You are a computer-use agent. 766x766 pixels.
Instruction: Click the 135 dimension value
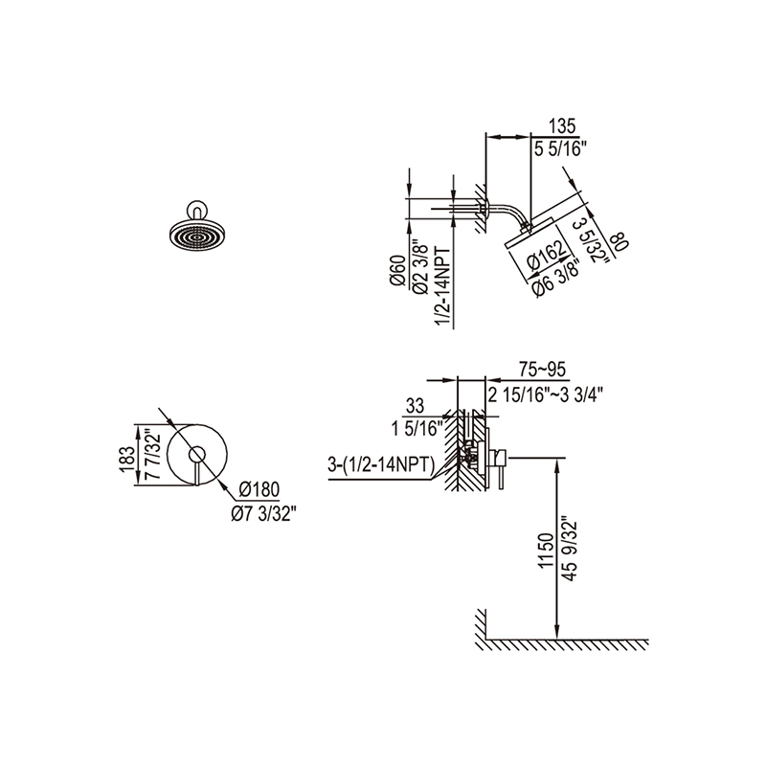562,126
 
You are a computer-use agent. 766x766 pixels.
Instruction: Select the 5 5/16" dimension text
560,148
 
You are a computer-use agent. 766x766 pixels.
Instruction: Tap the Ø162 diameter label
547,255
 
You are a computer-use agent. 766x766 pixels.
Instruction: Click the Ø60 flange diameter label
397,270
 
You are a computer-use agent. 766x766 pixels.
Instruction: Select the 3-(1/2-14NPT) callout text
381,465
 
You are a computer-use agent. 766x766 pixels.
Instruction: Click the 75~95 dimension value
542,370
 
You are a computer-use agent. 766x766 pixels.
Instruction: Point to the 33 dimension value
415,405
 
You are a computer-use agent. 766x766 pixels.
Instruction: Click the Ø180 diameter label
259,489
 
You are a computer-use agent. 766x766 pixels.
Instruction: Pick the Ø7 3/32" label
263,513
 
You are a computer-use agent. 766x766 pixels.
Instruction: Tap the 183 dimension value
127,460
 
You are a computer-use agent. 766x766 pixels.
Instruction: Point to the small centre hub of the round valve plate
197,453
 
